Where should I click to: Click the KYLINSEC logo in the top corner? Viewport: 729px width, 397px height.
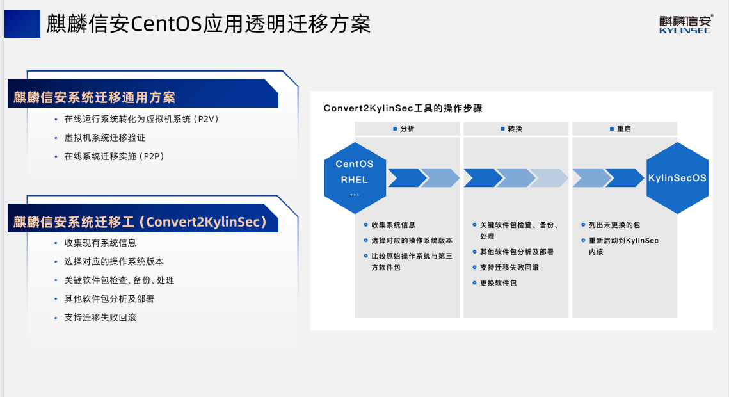[685, 24]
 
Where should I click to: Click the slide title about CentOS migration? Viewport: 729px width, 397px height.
[209, 25]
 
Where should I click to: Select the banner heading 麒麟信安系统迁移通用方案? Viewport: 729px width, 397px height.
[95, 97]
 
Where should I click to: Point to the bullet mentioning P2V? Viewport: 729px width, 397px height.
[141, 119]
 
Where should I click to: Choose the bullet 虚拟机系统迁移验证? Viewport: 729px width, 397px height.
[105, 138]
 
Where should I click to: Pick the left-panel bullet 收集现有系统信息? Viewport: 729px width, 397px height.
[100, 243]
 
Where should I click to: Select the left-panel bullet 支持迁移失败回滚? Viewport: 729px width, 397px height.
[100, 318]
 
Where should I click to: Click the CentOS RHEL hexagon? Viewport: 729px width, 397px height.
[354, 178]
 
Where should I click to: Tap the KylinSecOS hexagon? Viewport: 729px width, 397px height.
[677, 178]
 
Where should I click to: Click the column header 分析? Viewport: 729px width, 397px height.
[407, 129]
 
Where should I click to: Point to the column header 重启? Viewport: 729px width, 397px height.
[623, 129]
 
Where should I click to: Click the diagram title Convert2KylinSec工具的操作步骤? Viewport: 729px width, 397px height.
[403, 108]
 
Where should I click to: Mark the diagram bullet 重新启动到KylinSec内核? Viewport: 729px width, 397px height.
[623, 246]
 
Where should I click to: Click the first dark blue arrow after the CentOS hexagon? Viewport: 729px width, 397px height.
[405, 178]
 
